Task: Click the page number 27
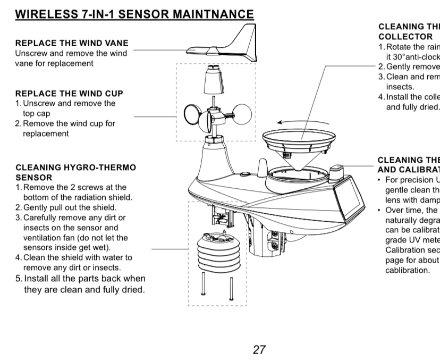[259, 350]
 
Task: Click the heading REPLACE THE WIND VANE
[72, 43]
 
